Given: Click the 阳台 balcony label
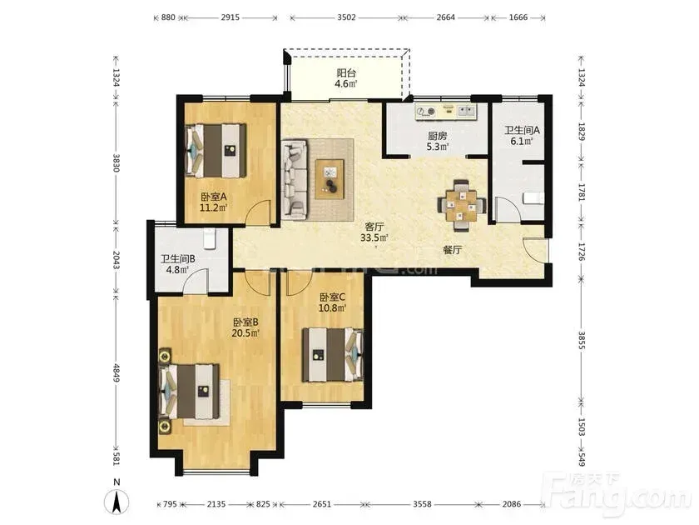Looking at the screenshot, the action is coord(346,72).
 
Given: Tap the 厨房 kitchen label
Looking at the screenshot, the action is coord(438,136).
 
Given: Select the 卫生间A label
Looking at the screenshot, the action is coord(522,130).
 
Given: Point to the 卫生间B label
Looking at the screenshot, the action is coord(177,259).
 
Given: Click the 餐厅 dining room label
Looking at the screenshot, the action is coord(452,249).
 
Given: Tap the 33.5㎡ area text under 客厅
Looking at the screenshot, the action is coord(374,237).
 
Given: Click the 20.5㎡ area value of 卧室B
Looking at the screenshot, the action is coord(245,333).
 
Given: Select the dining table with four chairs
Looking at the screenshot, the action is coord(462,205).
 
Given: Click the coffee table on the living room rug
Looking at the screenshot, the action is coord(330,179).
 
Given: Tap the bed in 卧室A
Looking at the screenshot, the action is coord(216,151).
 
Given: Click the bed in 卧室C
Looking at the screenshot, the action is coord(333,355).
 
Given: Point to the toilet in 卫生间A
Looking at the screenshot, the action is coord(533,197).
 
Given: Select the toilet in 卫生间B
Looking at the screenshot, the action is coord(210,239).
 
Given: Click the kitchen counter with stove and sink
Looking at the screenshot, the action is coord(446,112).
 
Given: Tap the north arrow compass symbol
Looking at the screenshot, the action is coord(116,502).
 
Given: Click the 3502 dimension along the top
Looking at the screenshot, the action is coord(346,17).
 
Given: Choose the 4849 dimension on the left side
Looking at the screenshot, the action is coord(116,372).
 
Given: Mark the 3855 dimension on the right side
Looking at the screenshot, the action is coord(582,340).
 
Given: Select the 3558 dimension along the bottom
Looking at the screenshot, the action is coord(422,504).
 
